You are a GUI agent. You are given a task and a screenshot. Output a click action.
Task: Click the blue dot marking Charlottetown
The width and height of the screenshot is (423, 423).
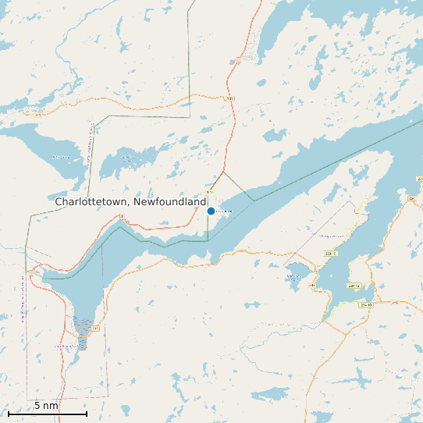click(x=211, y=211)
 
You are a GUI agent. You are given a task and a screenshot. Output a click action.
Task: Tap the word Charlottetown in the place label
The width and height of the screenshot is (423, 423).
click(x=92, y=201)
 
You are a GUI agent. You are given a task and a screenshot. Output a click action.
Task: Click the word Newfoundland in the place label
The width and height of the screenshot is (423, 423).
click(x=170, y=201)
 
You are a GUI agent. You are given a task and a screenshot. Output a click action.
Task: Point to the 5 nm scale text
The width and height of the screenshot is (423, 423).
click(x=46, y=406)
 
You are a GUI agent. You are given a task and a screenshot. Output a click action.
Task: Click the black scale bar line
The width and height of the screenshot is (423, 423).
click(x=46, y=414)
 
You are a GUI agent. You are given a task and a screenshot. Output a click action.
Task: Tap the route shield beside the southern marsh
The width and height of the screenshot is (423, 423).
click(x=96, y=329)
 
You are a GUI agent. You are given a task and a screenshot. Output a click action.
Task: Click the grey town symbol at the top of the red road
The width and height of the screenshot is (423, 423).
click(x=233, y=61)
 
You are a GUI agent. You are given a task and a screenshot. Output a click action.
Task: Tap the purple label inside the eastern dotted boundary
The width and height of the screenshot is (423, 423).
click(x=331, y=236)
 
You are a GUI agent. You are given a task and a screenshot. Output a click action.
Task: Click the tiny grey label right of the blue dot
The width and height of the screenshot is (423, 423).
click(x=224, y=211)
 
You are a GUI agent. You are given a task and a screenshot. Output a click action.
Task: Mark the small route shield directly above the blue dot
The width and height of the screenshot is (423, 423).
click(x=209, y=192)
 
